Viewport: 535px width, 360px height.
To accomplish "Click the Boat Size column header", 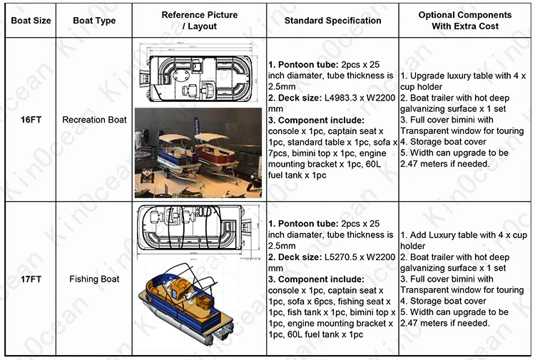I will [x=31, y=21].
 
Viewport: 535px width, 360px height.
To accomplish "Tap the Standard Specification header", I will [x=332, y=21].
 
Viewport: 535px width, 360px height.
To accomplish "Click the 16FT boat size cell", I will [x=31, y=120].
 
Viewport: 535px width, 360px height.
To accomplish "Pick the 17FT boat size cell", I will [x=31, y=279].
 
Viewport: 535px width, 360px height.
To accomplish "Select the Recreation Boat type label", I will [x=94, y=120].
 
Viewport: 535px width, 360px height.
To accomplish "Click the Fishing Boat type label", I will [x=94, y=279].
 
